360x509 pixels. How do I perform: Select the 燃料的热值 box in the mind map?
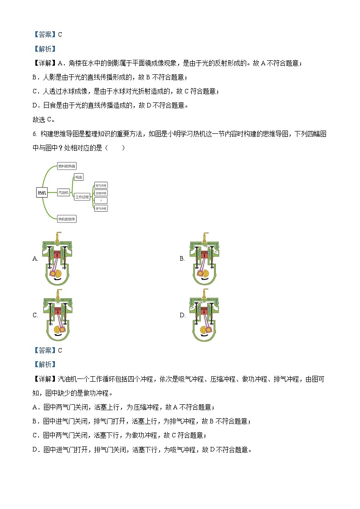(x=67, y=166)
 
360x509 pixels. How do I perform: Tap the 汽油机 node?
(x=63, y=193)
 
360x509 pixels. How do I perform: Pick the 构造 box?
(x=79, y=177)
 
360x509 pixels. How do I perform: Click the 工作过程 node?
(x=83, y=197)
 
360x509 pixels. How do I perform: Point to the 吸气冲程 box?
(x=101, y=185)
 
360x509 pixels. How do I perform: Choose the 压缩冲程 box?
(x=101, y=193)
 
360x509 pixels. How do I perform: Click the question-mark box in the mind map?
(x=101, y=200)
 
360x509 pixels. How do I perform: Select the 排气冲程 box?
(x=101, y=208)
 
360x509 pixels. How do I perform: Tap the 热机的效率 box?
(x=67, y=219)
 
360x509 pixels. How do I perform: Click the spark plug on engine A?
(x=58, y=237)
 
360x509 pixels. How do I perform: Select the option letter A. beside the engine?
(x=35, y=259)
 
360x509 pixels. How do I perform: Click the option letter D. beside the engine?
(x=182, y=315)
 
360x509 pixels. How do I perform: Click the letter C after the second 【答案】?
(x=60, y=350)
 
